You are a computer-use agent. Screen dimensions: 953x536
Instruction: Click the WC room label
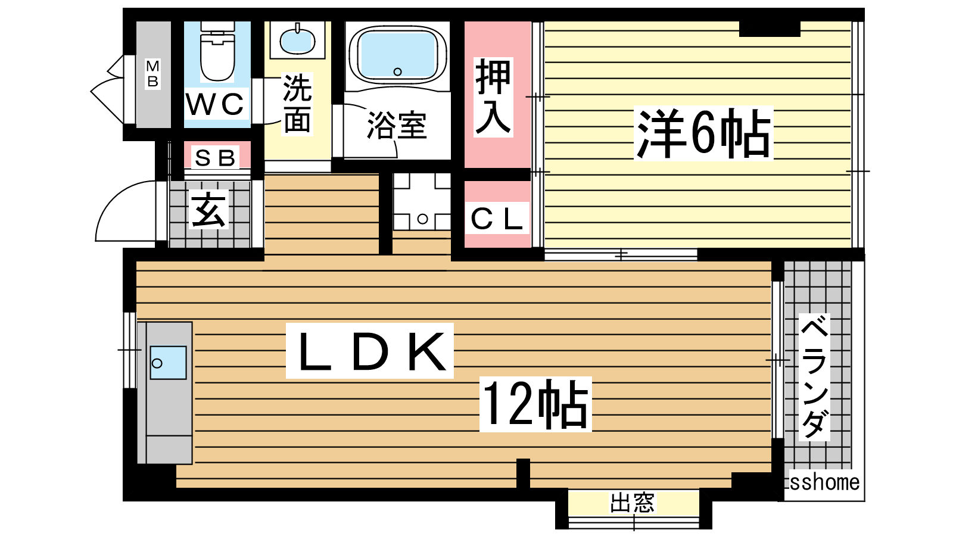[x=215, y=104]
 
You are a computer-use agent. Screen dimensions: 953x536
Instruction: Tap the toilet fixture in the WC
[x=217, y=51]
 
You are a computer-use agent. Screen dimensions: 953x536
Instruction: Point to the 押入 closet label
[x=493, y=97]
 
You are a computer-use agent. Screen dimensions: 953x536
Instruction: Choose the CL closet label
[x=497, y=218]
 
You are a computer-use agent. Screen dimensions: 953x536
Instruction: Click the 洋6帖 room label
[x=703, y=133]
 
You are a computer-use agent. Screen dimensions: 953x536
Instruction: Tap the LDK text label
[x=370, y=351]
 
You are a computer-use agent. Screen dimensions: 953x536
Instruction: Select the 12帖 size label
[x=535, y=404]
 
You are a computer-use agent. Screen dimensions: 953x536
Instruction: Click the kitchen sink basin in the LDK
[x=168, y=363]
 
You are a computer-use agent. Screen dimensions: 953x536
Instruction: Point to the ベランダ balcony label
[x=814, y=377]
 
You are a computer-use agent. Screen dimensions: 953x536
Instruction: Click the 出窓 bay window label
[x=632, y=503]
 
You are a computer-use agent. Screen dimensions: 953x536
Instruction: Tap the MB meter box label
[x=152, y=74]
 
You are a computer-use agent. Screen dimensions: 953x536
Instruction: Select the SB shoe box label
[x=215, y=158]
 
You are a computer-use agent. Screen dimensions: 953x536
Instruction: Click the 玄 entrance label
[x=208, y=210]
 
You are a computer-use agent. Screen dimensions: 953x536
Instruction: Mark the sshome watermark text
[x=824, y=482]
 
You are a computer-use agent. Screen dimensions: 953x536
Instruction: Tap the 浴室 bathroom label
[x=397, y=125]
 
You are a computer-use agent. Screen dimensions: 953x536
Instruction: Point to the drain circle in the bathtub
[x=398, y=71]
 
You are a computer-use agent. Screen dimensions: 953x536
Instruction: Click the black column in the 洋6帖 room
[x=770, y=29]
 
